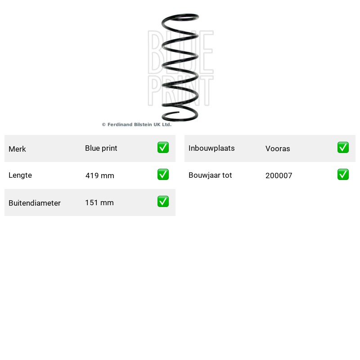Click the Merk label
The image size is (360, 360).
click(x=17, y=149)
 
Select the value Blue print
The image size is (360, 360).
click(x=101, y=148)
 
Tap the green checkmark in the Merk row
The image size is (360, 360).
click(x=163, y=148)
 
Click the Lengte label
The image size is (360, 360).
click(x=20, y=175)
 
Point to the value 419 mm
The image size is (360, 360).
click(x=99, y=175)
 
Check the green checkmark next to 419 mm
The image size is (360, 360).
click(x=163, y=175)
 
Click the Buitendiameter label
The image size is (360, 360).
click(x=35, y=203)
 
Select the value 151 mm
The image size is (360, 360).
click(x=99, y=202)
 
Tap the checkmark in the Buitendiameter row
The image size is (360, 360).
click(x=163, y=201)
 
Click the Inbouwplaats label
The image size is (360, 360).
click(x=211, y=148)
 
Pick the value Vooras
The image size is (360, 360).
click(x=278, y=148)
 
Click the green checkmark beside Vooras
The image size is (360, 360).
click(x=343, y=148)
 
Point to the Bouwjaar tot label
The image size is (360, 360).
click(x=210, y=175)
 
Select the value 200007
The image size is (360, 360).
click(x=279, y=175)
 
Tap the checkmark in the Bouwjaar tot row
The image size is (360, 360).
click(x=343, y=175)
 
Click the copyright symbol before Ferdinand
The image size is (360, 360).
click(x=104, y=125)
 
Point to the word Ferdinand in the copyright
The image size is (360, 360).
click(x=120, y=125)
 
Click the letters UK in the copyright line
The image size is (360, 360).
click(x=157, y=125)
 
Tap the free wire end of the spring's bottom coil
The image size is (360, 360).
click(x=178, y=112)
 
